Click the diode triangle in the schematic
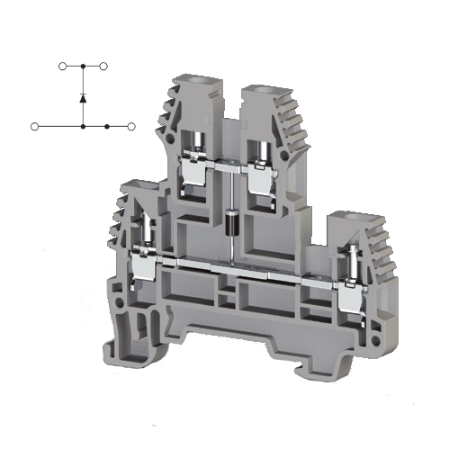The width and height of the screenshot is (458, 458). click(x=83, y=96)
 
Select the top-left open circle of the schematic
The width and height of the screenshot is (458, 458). click(x=62, y=66)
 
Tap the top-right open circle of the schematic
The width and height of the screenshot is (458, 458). click(x=104, y=66)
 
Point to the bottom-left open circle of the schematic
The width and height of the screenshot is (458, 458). click(x=34, y=127)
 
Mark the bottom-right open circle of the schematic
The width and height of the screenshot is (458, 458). click(x=131, y=127)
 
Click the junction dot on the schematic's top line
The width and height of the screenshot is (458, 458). click(x=83, y=66)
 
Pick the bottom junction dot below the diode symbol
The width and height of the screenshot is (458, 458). click(x=83, y=127)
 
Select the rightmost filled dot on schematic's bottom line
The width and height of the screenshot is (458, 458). click(x=107, y=127)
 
